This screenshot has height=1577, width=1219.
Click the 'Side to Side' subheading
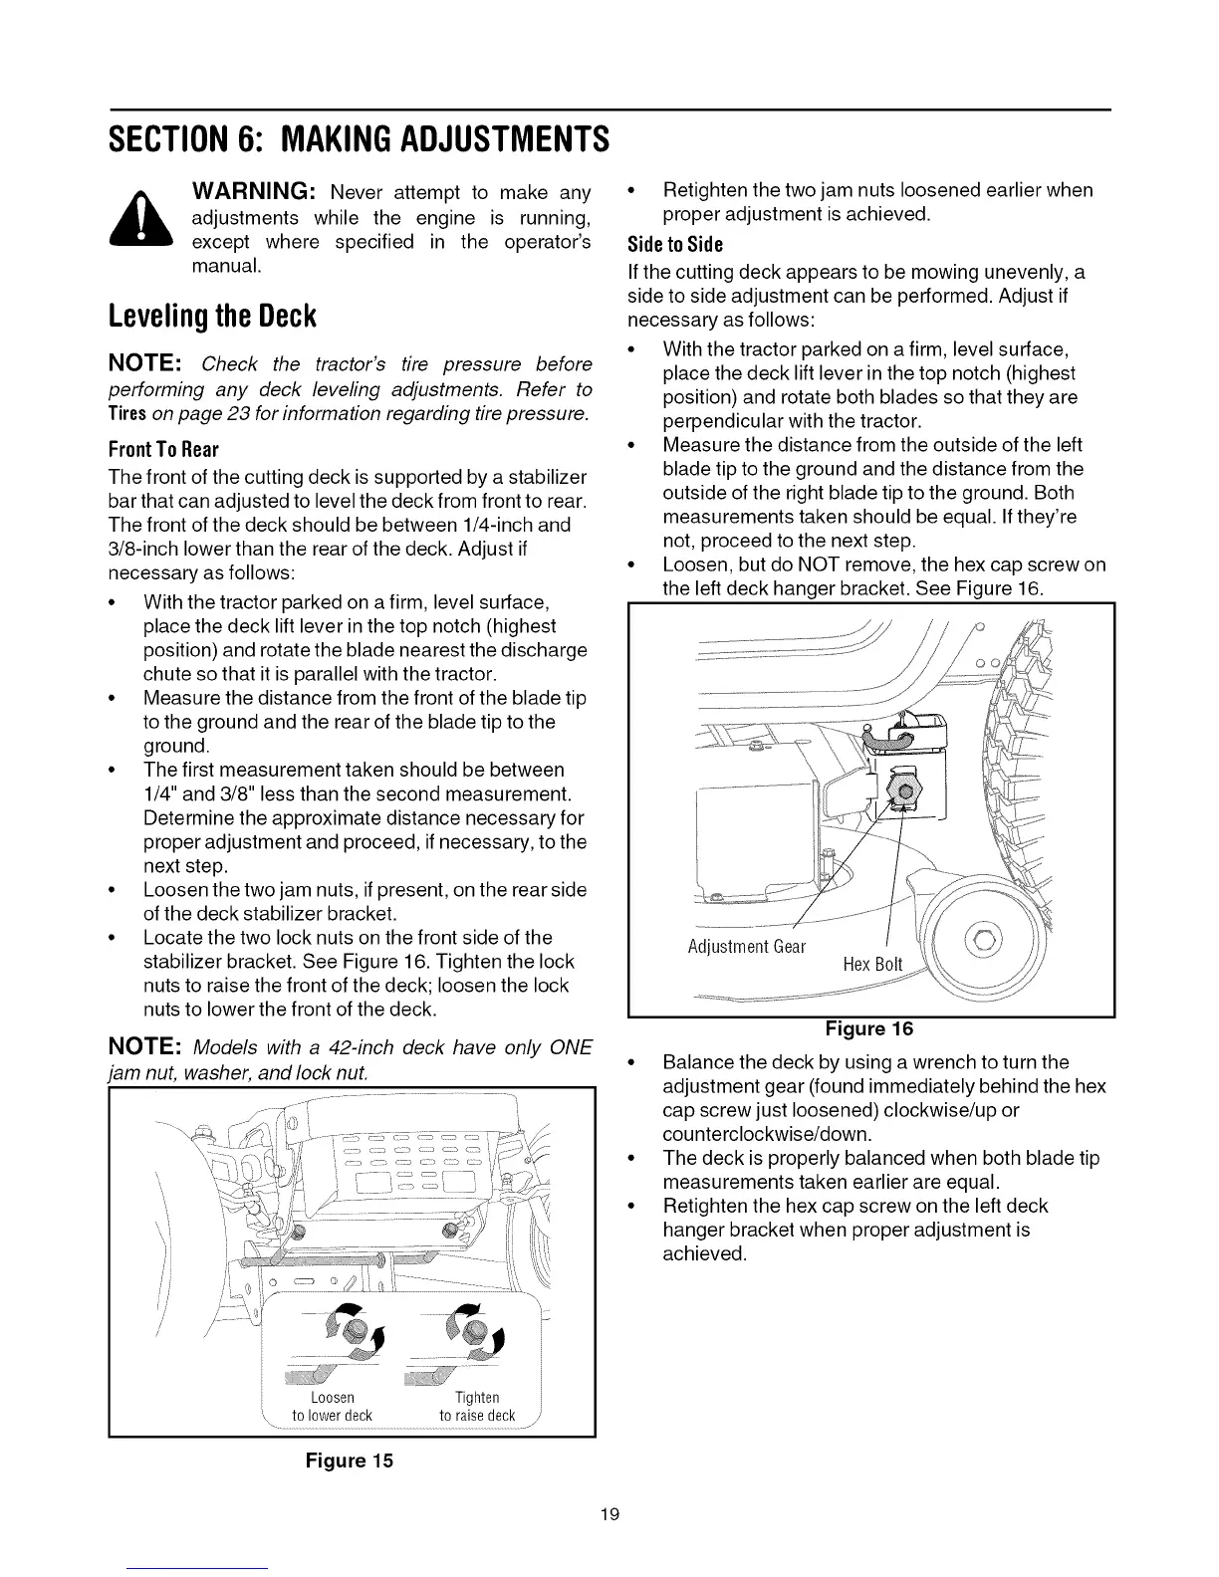[x=674, y=245]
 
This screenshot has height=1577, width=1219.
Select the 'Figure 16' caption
[x=868, y=1028]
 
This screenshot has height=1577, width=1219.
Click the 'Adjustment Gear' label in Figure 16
[x=746, y=946]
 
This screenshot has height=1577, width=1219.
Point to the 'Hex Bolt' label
[x=872, y=964]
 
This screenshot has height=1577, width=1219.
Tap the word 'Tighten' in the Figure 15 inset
[x=477, y=1398]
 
